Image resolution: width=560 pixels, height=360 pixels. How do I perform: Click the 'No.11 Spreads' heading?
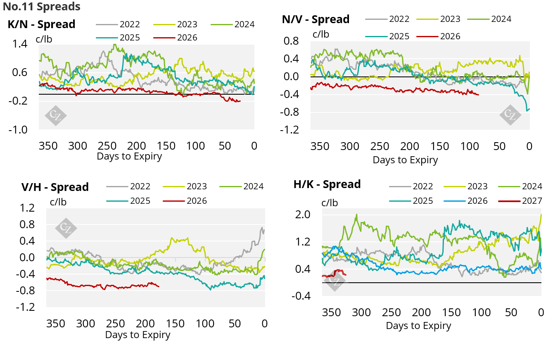click(42, 7)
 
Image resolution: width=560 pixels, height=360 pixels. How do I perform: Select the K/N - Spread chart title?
click(41, 24)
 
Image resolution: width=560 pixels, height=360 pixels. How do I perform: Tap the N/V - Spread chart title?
click(316, 19)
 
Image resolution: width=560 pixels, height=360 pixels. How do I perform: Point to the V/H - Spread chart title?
click(55, 187)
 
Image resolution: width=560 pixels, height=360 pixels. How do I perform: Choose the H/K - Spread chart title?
click(327, 184)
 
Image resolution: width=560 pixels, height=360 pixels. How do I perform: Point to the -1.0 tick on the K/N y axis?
click(19, 130)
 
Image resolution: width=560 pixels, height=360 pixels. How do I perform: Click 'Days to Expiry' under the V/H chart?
click(138, 335)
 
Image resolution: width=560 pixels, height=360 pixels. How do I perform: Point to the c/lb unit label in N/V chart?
click(320, 34)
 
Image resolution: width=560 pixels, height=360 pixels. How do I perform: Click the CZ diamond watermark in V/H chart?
click(66, 228)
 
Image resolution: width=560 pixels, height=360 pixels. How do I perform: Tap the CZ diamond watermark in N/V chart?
click(510, 115)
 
